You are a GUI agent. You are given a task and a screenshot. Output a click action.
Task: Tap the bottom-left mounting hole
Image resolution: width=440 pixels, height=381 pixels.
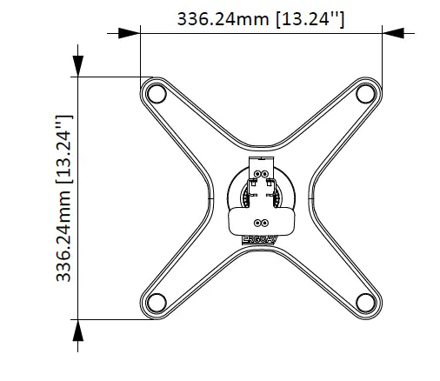tap(156, 302)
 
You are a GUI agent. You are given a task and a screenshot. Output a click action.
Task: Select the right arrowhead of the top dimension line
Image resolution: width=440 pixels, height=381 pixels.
tap(394, 34)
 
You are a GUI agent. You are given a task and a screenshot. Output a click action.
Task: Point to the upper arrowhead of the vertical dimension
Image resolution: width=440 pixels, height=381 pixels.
tap(77, 65)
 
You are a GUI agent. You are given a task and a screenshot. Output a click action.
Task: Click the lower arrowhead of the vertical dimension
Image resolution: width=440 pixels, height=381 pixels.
tap(77, 329)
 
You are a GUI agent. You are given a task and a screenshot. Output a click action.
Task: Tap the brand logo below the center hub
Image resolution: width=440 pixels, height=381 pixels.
tap(262, 237)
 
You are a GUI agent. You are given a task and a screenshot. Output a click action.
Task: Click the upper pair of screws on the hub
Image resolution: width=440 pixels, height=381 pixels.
tap(262, 173)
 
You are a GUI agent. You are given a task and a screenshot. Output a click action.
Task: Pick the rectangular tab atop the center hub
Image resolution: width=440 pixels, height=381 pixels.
tap(262, 164)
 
